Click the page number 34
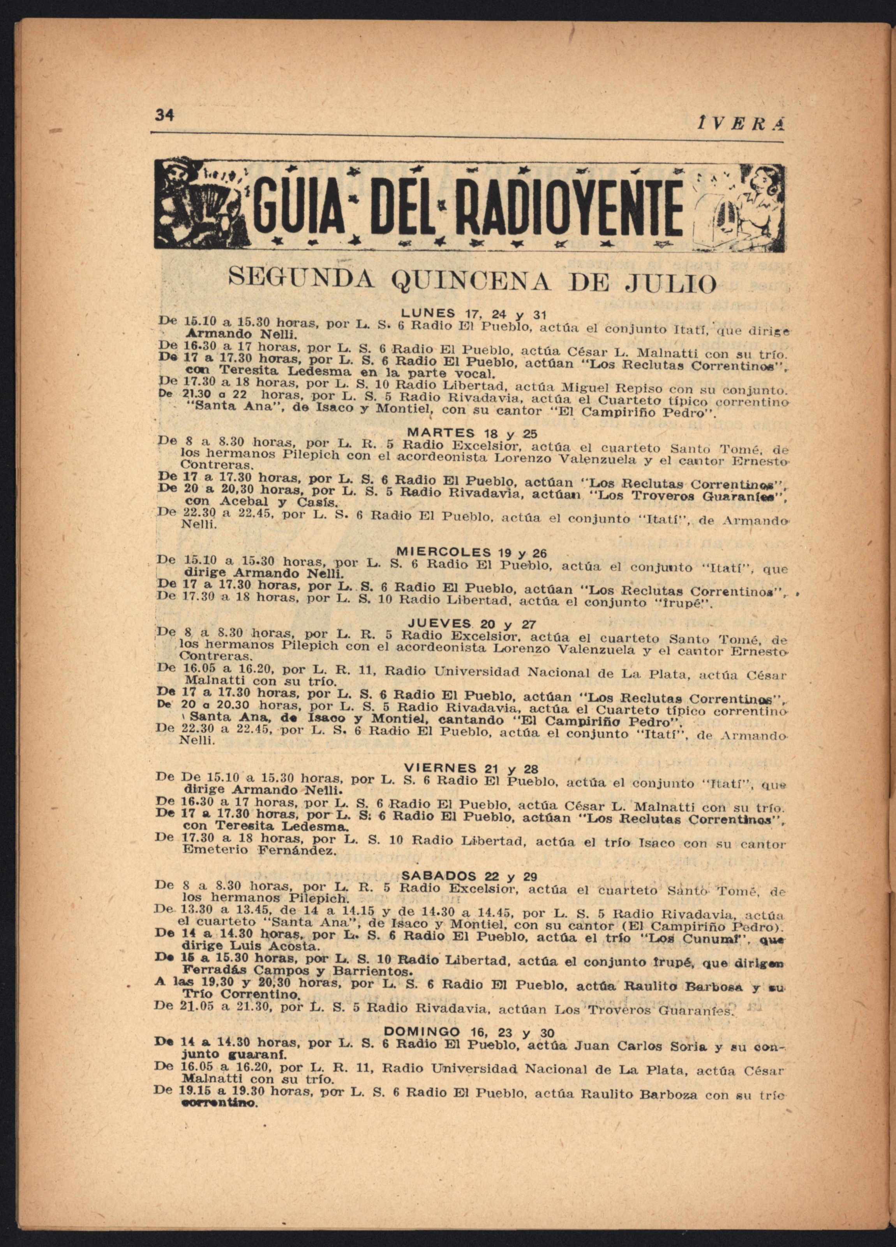point(165,115)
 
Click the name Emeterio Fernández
point(258,851)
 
